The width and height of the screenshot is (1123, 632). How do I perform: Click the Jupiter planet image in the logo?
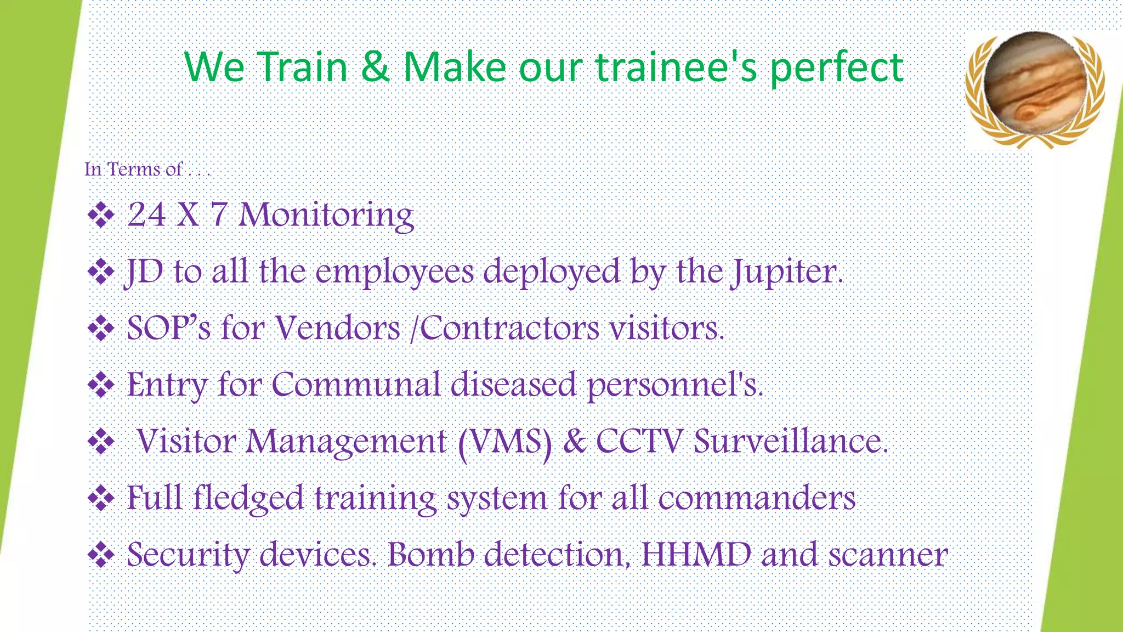(x=1034, y=83)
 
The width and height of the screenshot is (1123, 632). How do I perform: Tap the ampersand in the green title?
(x=376, y=67)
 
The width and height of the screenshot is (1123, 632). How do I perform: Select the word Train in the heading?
(x=303, y=67)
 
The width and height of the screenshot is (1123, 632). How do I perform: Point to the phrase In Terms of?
(x=134, y=169)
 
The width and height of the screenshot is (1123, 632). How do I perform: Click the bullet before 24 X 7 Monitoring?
(x=101, y=215)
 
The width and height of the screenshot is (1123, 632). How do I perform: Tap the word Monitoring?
(x=326, y=215)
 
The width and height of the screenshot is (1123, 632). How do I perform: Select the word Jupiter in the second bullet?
(x=785, y=272)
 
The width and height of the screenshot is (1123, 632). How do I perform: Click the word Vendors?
(x=337, y=328)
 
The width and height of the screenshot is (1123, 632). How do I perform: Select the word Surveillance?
(x=790, y=441)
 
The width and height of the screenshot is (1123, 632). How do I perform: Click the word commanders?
(x=756, y=498)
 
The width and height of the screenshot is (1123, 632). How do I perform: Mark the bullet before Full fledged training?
(x=101, y=499)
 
